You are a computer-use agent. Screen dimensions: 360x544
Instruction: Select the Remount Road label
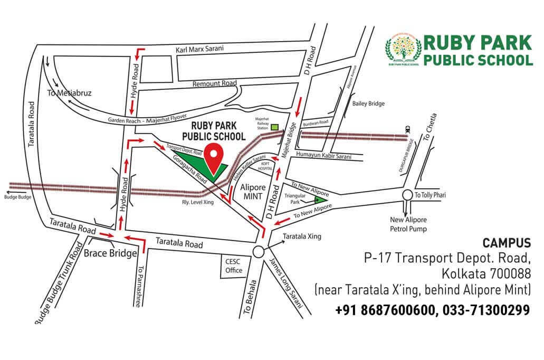point(214,83)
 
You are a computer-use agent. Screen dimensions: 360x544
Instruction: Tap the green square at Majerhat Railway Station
point(275,127)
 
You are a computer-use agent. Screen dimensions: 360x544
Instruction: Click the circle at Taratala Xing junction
point(259,252)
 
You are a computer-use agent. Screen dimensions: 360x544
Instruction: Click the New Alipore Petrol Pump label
point(408,224)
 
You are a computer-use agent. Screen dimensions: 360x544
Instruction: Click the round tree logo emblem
point(403,51)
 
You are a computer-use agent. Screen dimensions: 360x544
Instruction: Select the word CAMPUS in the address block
point(507,243)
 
